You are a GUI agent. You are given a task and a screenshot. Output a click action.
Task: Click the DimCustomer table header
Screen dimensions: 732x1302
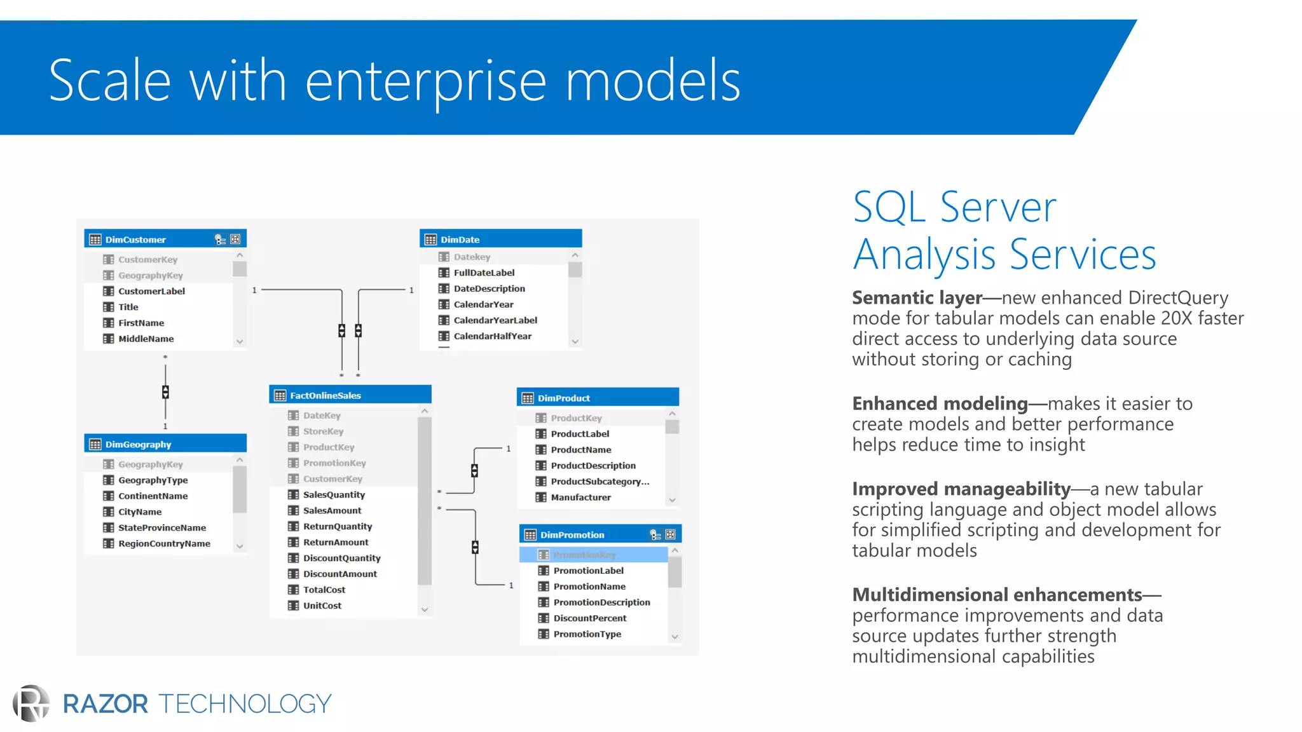(x=135, y=240)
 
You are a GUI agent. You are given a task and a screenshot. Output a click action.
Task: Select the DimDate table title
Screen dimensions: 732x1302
(x=460, y=240)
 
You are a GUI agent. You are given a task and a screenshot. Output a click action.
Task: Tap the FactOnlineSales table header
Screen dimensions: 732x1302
(x=325, y=395)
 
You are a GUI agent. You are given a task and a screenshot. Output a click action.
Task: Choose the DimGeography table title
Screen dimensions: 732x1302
(x=138, y=444)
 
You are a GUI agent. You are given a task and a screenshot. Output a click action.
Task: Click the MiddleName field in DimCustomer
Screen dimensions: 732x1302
(x=146, y=339)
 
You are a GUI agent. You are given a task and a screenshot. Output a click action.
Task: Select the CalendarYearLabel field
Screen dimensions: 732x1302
(x=495, y=320)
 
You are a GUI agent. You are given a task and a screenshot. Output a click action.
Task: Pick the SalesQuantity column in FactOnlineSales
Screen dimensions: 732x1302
(x=334, y=494)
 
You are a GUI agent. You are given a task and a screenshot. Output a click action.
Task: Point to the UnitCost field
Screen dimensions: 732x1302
(x=322, y=606)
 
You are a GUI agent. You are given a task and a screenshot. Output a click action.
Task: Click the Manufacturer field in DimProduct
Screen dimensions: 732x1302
(x=580, y=498)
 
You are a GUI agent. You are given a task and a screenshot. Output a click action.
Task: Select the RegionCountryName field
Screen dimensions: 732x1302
(x=164, y=543)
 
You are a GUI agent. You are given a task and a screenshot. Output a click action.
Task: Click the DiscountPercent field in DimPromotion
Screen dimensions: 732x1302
(x=589, y=618)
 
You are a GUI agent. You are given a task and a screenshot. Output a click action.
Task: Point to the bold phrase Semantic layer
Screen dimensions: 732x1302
(x=917, y=298)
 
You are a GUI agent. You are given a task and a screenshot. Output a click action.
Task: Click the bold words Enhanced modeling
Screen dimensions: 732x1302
(x=940, y=403)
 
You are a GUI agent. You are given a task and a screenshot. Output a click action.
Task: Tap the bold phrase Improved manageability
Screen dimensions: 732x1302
(x=961, y=489)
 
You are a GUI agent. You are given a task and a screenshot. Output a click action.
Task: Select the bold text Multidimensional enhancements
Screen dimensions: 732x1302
(x=997, y=595)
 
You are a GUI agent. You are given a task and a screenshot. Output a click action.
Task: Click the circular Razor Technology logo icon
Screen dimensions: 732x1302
(x=31, y=703)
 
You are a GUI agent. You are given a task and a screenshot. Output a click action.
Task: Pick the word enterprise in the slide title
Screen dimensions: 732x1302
(x=425, y=81)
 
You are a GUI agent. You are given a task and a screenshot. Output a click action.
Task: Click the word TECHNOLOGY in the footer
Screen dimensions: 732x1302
(x=245, y=704)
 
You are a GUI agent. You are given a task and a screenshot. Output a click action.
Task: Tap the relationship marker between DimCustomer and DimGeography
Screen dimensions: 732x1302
(x=165, y=391)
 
